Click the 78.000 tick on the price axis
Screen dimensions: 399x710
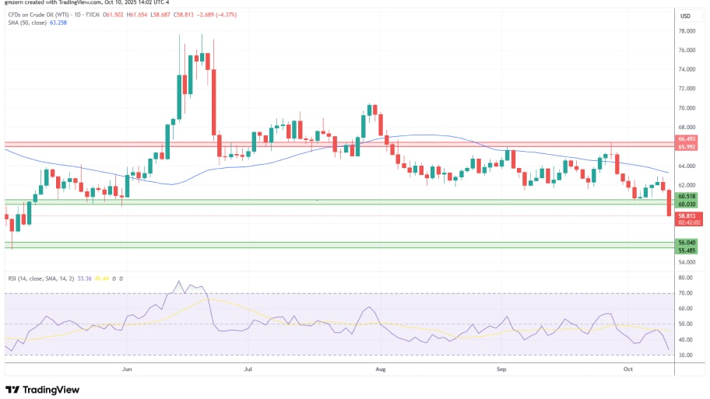[x=686, y=31]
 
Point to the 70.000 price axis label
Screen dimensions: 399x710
[x=686, y=108]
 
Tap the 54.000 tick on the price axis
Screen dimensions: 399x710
[x=686, y=263]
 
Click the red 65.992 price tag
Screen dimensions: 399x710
[x=686, y=147]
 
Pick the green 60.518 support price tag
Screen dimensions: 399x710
[x=686, y=198]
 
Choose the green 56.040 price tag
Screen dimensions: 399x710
[x=686, y=243]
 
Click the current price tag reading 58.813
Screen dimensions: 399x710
[x=686, y=215]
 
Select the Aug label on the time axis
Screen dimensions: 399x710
[x=380, y=371]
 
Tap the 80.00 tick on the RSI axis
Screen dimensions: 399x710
[x=686, y=278]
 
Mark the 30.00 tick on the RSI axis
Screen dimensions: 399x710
[x=686, y=355]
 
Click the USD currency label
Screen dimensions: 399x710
[x=686, y=16]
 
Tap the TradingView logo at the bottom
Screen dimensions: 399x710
[x=45, y=389]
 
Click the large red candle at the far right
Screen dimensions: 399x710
[x=669, y=203]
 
